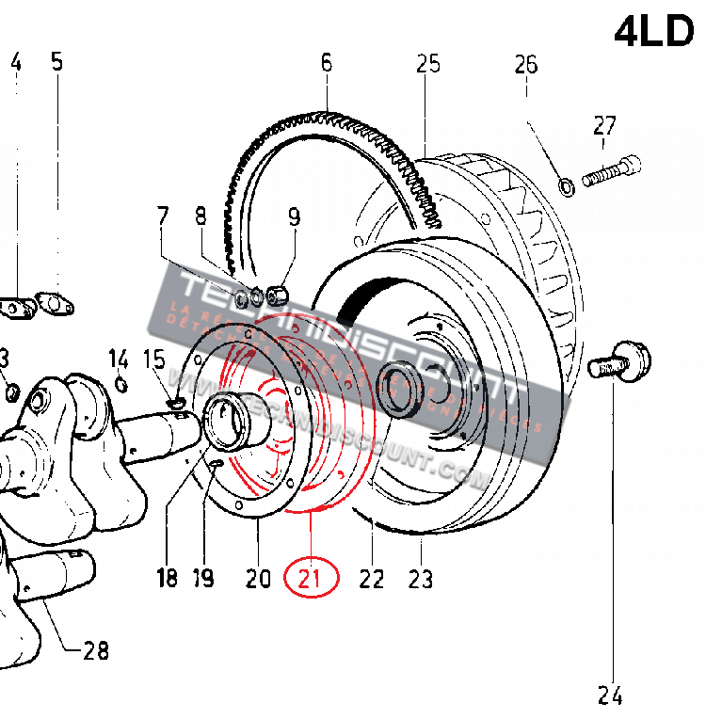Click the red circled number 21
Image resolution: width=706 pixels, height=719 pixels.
[311, 579]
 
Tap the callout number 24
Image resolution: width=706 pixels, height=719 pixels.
[609, 695]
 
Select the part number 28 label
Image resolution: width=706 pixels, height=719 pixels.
[95, 650]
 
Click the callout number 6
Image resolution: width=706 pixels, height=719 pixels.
[327, 64]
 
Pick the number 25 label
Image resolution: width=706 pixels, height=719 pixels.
[428, 64]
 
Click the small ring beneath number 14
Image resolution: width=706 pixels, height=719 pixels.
[121, 383]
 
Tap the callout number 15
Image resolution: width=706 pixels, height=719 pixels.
[153, 359]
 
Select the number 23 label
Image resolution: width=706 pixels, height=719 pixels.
[420, 579]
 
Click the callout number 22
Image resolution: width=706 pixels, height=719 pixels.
[372, 579]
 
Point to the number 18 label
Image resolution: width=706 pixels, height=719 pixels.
[167, 578]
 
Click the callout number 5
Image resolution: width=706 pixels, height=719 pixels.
[56, 63]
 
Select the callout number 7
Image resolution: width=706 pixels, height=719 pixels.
[163, 217]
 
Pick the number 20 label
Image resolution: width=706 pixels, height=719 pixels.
[258, 578]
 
